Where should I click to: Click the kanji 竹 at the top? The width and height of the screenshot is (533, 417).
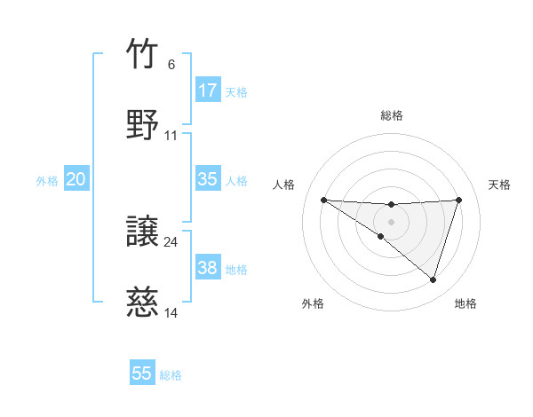142,55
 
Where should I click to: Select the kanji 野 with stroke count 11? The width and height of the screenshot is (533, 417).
142,124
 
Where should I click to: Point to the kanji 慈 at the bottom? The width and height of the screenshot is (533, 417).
142,303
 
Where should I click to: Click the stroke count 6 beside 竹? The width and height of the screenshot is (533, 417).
171,65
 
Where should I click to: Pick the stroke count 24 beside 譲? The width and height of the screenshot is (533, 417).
171,241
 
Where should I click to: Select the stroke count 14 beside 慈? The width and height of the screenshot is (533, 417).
171,312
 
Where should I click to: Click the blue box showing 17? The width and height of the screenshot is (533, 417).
208,90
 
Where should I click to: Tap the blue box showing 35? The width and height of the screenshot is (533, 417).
208,179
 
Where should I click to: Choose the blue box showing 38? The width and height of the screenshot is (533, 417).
208,268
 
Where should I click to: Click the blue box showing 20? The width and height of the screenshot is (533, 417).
76,179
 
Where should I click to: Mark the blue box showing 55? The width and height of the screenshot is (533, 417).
142,374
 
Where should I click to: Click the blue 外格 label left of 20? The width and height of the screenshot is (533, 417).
47,180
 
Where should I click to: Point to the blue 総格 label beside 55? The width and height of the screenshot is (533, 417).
171,375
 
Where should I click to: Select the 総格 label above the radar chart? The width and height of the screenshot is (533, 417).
392,115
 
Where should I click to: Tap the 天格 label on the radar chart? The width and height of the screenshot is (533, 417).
500,185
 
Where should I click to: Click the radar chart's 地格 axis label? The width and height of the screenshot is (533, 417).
465,303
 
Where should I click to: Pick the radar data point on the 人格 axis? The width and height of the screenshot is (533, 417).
324,200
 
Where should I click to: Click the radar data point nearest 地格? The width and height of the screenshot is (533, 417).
433,279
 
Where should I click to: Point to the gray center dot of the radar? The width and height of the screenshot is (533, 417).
392,221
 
